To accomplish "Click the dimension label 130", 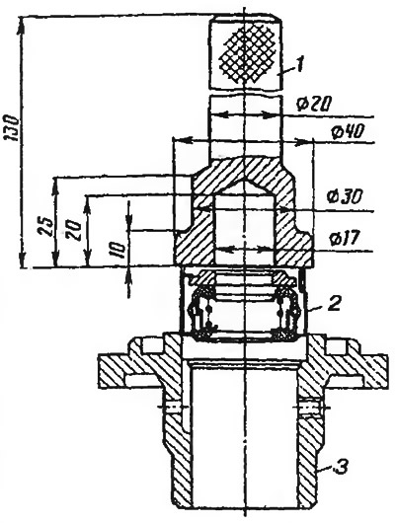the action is (x=11, y=128).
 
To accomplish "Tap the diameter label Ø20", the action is (x=313, y=105).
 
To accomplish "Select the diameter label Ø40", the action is (x=348, y=132).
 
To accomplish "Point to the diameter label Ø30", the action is (x=345, y=197).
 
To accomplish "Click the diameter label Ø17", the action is (x=344, y=238).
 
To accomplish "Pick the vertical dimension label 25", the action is (x=45, y=227).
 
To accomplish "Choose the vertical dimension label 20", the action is (x=74, y=230).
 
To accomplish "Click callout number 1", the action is (x=299, y=65).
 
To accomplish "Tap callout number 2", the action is (x=334, y=304).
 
